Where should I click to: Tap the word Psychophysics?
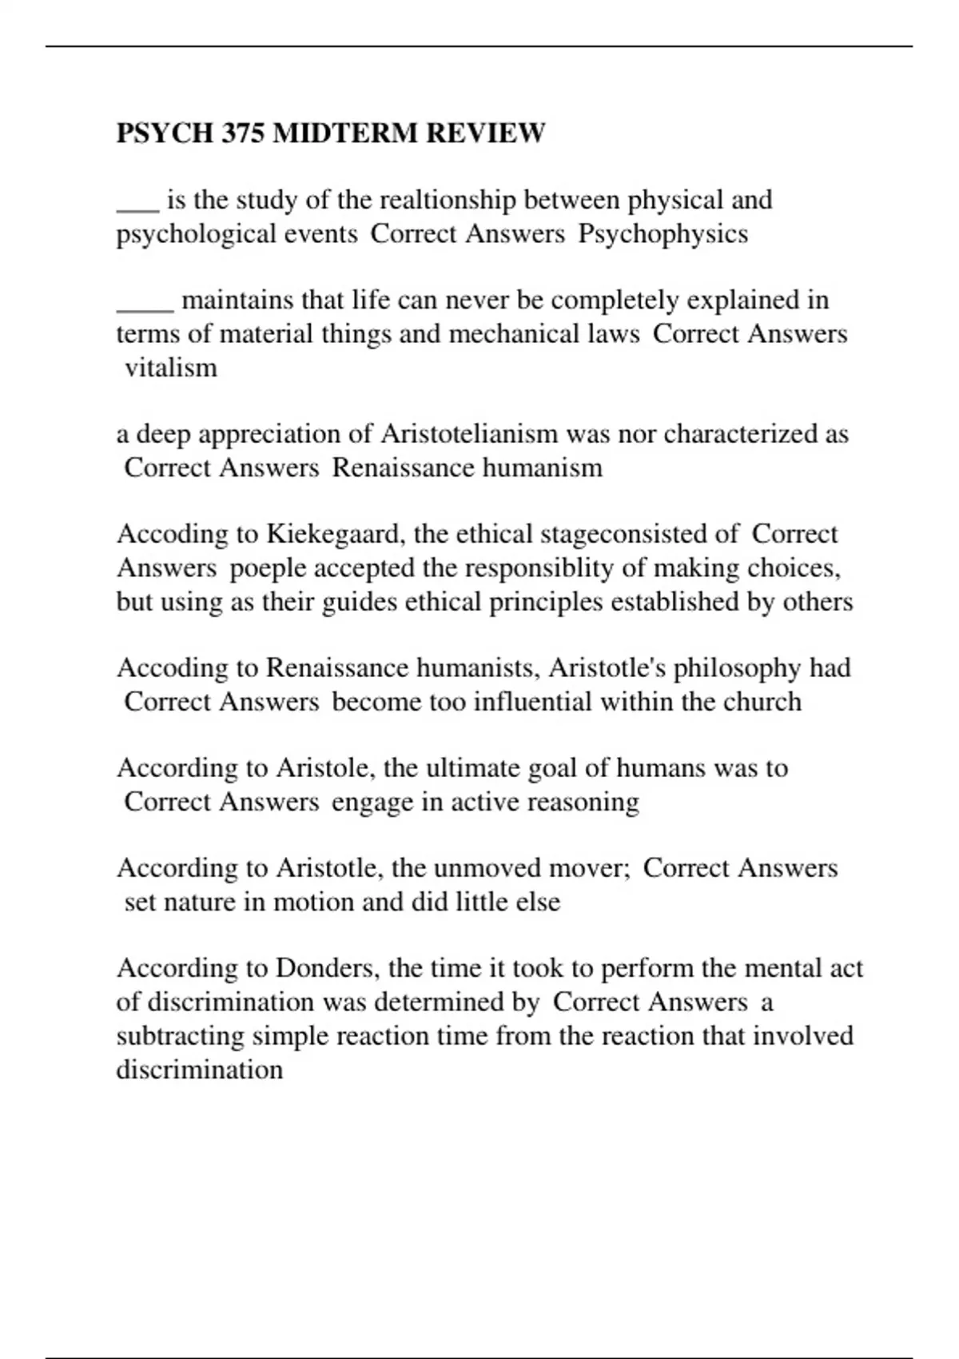coord(663,233)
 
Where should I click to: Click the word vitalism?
coord(171,368)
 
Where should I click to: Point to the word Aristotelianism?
coord(469,434)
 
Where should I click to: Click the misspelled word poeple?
coord(267,568)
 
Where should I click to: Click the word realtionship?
coord(448,200)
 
